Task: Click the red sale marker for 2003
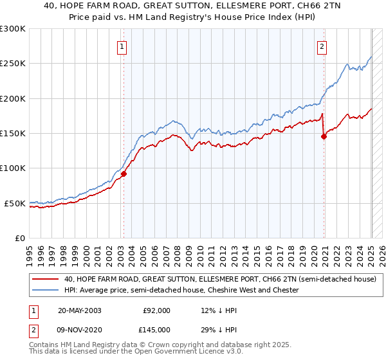click(x=124, y=174)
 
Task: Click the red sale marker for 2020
click(x=324, y=136)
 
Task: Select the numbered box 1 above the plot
click(x=122, y=46)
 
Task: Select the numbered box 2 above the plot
click(x=322, y=46)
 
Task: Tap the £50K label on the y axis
click(x=15, y=203)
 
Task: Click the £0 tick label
click(x=20, y=238)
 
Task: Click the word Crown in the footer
click(x=149, y=346)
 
